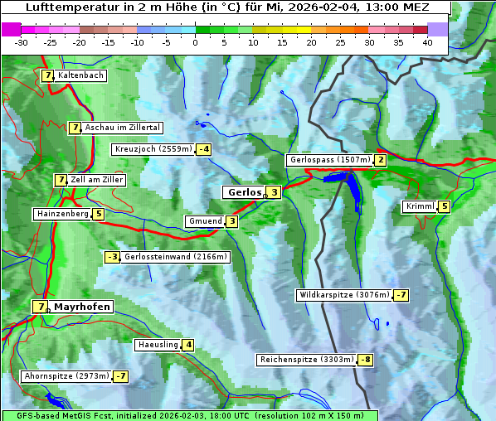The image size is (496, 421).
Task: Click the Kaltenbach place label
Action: [80, 75]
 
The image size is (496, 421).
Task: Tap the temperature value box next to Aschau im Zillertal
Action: [75, 128]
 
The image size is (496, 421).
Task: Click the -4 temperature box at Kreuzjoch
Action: [203, 149]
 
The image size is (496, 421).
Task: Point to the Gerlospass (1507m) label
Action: [329, 160]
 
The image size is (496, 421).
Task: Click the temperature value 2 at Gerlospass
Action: [380, 160]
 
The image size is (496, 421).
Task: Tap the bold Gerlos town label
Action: [244, 192]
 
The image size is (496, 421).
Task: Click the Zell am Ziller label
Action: [97, 180]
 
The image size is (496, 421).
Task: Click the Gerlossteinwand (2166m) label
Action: [175, 257]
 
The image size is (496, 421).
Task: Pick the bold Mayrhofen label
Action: [81, 307]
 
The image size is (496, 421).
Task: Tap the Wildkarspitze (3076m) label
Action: [344, 295]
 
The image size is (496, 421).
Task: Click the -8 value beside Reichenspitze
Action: [365, 360]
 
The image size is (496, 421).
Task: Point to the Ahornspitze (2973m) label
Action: [67, 376]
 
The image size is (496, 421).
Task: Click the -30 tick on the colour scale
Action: [22, 41]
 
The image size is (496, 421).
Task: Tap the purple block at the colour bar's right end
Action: [437, 29]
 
